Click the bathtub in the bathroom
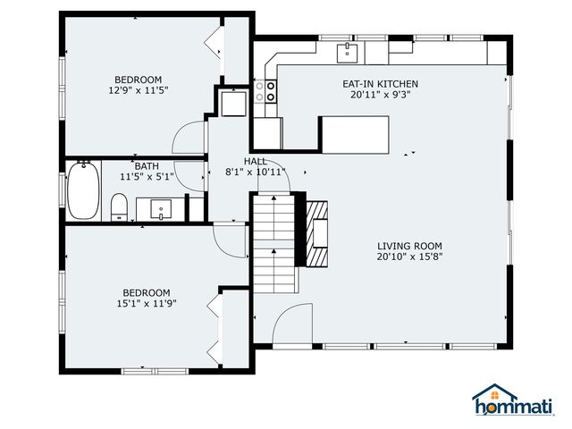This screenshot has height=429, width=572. [x=83, y=190]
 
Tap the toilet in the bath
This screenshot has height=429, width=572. [x=119, y=207]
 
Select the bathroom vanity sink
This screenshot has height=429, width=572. [x=161, y=209]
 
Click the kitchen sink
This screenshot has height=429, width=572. [x=347, y=53]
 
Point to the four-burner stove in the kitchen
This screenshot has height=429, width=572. [x=265, y=91]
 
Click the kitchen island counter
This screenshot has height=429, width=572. [x=355, y=135]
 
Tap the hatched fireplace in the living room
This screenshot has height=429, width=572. [x=316, y=234]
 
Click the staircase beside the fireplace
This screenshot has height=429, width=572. [x=274, y=244]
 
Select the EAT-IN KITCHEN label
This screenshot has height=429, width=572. [x=380, y=84]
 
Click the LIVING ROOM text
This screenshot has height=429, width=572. [x=409, y=247]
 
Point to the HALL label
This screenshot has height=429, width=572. [x=256, y=161]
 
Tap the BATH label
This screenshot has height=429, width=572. [x=147, y=166]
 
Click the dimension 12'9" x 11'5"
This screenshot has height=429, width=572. [x=139, y=90]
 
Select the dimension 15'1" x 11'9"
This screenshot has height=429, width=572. [x=147, y=303]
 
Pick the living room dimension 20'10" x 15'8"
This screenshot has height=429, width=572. [x=409, y=257]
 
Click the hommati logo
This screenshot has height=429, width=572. [x=513, y=400]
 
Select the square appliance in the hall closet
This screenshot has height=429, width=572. [x=234, y=104]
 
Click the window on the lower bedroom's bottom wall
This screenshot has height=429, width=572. [x=155, y=372]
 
